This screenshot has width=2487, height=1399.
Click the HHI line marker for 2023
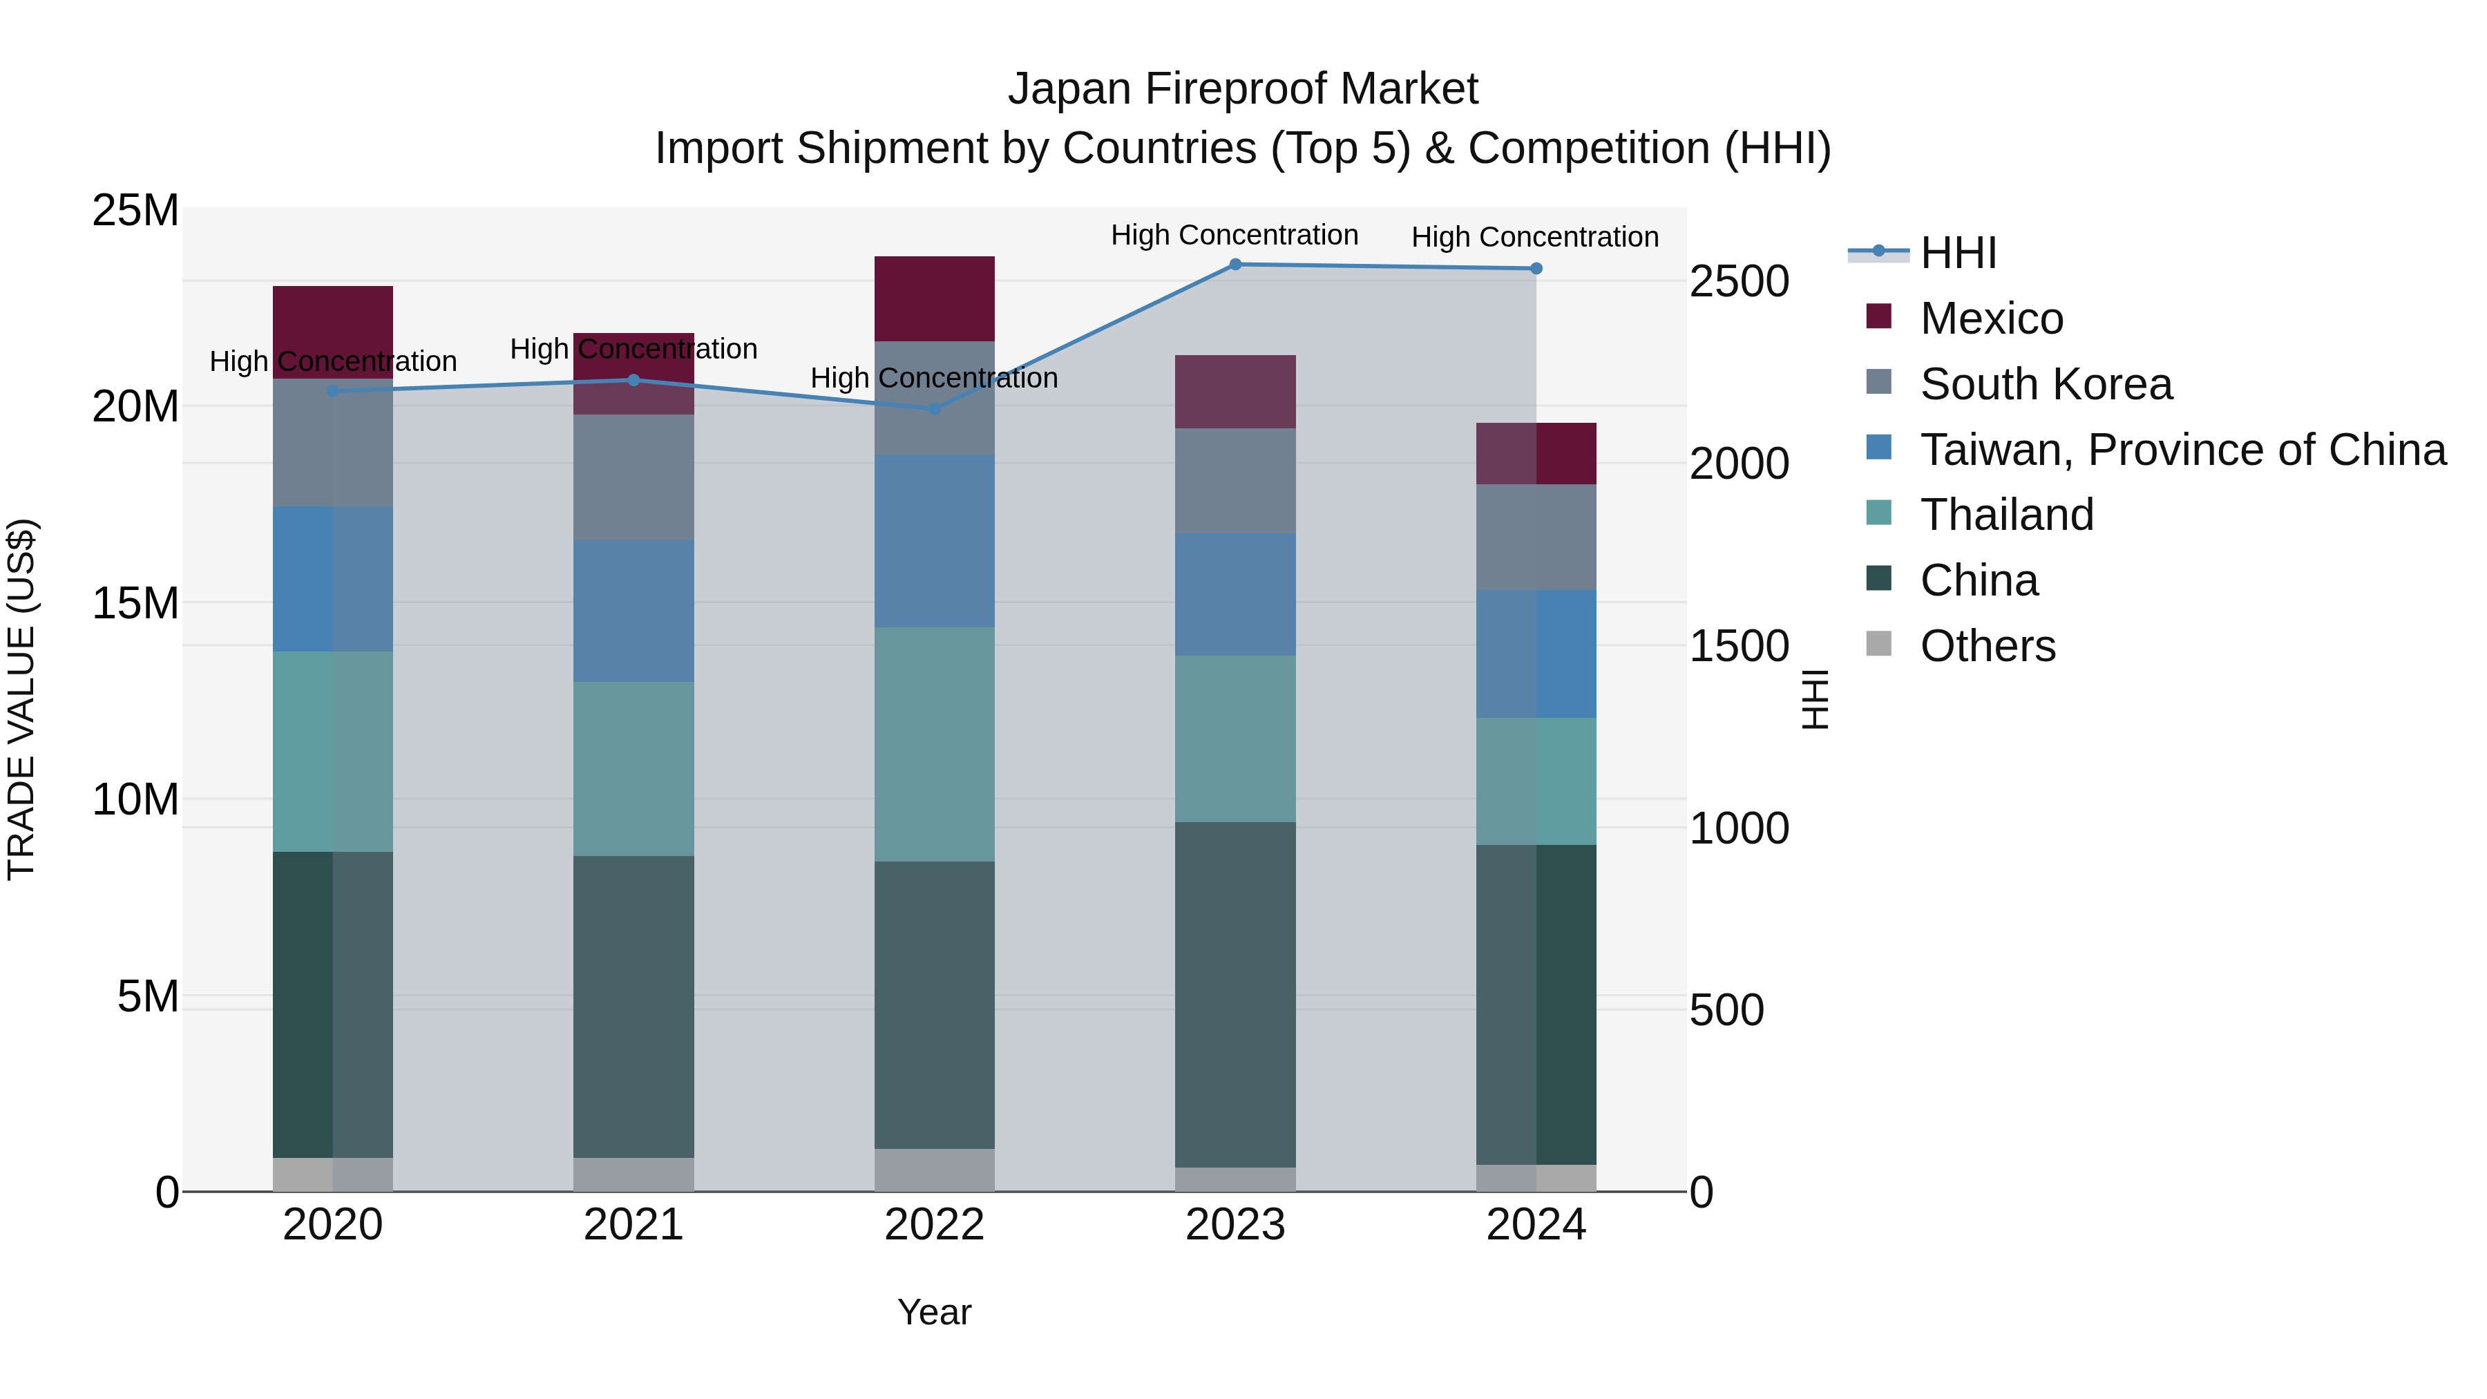(x=1235, y=265)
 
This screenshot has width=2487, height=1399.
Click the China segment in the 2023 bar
(x=1235, y=994)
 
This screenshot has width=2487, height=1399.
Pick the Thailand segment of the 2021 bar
(x=633, y=768)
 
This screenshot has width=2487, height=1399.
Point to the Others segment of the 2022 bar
(x=933, y=1170)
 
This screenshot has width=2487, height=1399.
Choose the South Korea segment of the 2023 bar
(x=1235, y=481)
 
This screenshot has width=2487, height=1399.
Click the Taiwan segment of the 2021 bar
(x=633, y=611)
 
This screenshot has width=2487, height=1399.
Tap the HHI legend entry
(x=1958, y=253)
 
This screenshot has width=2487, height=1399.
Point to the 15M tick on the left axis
(x=135, y=603)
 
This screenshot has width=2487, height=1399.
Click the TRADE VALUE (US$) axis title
(x=21, y=699)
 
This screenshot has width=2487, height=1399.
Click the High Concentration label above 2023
(x=1234, y=236)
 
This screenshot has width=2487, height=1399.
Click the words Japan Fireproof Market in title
(x=1243, y=89)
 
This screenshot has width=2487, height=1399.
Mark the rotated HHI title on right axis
(x=1815, y=699)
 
